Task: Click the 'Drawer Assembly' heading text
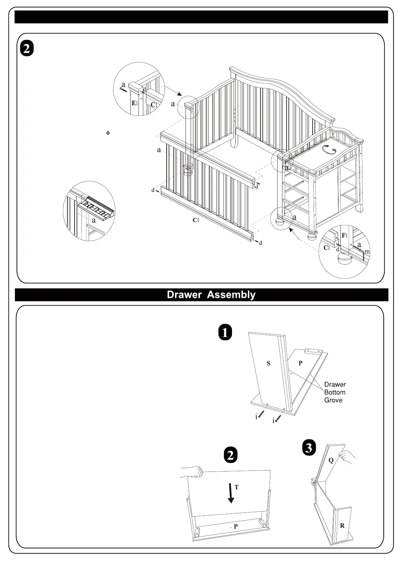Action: pyautogui.click(x=211, y=295)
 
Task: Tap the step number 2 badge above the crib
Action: pyautogui.click(x=27, y=48)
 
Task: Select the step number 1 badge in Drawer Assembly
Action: pyautogui.click(x=225, y=332)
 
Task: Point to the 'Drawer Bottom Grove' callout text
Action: pyautogui.click(x=335, y=392)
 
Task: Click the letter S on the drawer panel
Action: pyautogui.click(x=269, y=364)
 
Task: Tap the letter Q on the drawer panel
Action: pyautogui.click(x=331, y=460)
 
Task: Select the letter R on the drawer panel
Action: pyautogui.click(x=342, y=526)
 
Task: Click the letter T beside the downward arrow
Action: pyautogui.click(x=236, y=487)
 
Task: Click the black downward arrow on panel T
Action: pyautogui.click(x=231, y=494)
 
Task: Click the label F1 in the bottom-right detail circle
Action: pyautogui.click(x=344, y=235)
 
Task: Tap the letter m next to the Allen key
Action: pyautogui.click(x=367, y=252)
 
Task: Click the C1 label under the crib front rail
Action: pyautogui.click(x=196, y=220)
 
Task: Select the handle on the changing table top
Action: pyautogui.click(x=329, y=149)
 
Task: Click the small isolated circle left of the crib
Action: pyautogui.click(x=108, y=133)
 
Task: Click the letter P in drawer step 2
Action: pyautogui.click(x=236, y=526)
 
